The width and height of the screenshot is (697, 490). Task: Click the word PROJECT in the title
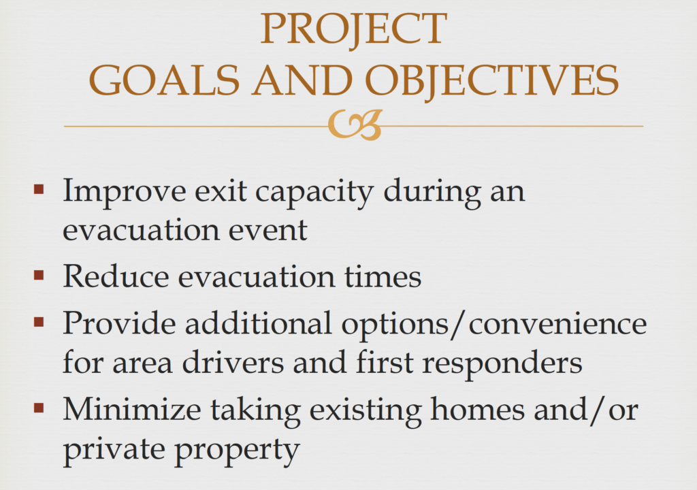tap(353, 29)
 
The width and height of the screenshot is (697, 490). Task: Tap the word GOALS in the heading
tap(165, 80)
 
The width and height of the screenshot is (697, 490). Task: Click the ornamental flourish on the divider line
tap(355, 125)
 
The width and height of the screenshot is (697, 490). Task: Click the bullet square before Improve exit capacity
tap(39, 189)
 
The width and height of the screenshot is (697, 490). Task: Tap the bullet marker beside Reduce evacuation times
tap(39, 275)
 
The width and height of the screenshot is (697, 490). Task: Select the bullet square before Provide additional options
tap(39, 321)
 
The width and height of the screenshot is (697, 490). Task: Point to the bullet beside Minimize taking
tap(39, 407)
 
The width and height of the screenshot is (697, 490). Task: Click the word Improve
tap(125, 193)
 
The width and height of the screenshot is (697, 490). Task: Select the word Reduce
tap(116, 276)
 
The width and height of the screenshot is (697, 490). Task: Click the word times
tap(383, 276)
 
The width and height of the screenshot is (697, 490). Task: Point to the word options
tap(395, 325)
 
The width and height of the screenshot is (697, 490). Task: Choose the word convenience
tap(558, 324)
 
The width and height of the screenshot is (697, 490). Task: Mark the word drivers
tap(233, 361)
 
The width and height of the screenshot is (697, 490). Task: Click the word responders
tap(502, 363)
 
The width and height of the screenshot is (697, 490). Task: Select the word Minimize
tap(132, 408)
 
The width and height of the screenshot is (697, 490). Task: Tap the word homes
tap(477, 408)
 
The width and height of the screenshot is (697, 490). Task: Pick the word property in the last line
tap(237, 451)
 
